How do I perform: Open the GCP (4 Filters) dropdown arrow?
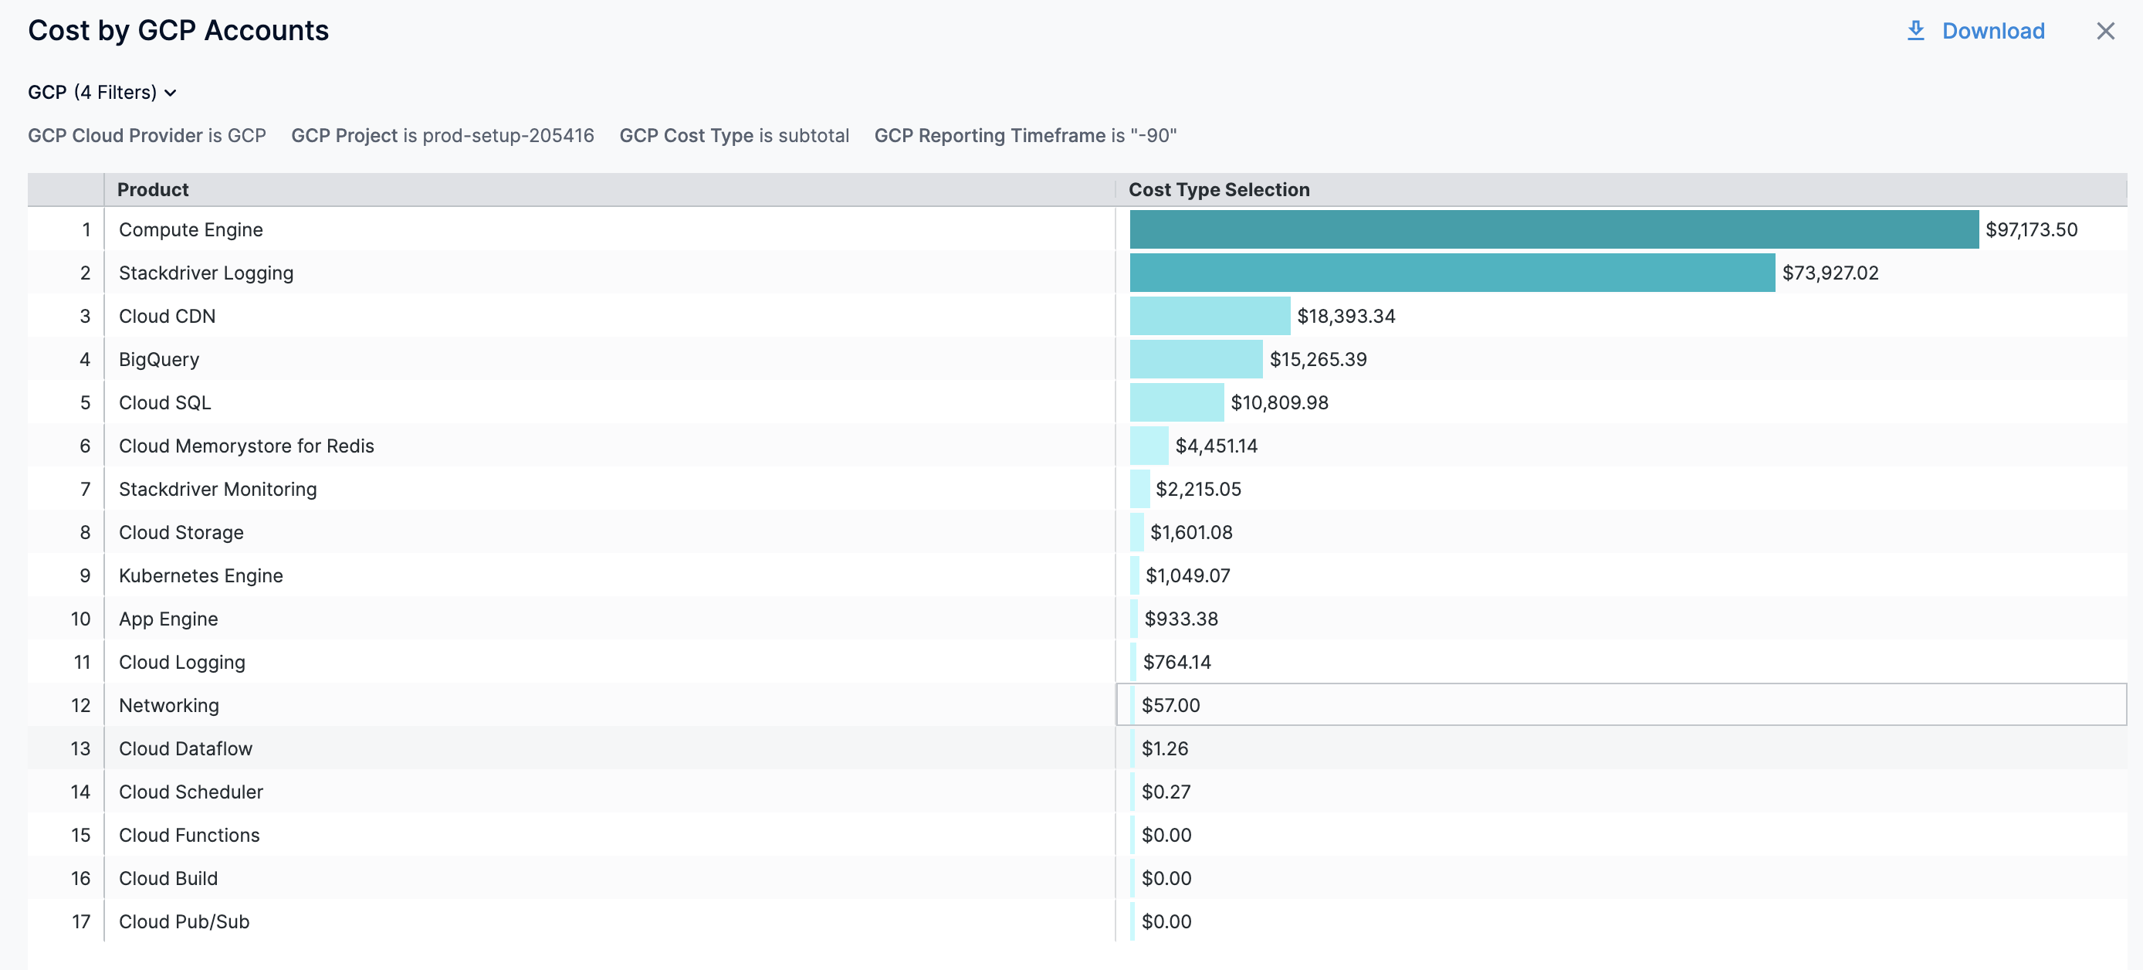tap(171, 93)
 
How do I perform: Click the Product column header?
tap(153, 190)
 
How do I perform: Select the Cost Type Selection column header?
tap(1219, 190)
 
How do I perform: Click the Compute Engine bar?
tap(1553, 229)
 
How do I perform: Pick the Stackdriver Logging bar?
tap(1451, 273)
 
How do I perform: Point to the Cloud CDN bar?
tap(1210, 316)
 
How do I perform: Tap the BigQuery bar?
tap(1196, 359)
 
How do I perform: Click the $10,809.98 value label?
tap(1278, 402)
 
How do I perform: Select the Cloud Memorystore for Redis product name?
tap(246, 446)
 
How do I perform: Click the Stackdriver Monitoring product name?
tap(218, 489)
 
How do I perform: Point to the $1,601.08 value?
tap(1190, 532)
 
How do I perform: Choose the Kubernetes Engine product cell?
tap(201, 575)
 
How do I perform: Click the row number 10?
tap(81, 619)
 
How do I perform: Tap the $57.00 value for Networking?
tap(1170, 705)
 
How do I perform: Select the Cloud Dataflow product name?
tap(185, 748)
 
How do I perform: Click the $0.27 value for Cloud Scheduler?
tap(1166, 792)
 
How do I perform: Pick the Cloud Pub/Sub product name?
tap(184, 922)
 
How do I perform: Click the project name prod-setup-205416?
tap(507, 136)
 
